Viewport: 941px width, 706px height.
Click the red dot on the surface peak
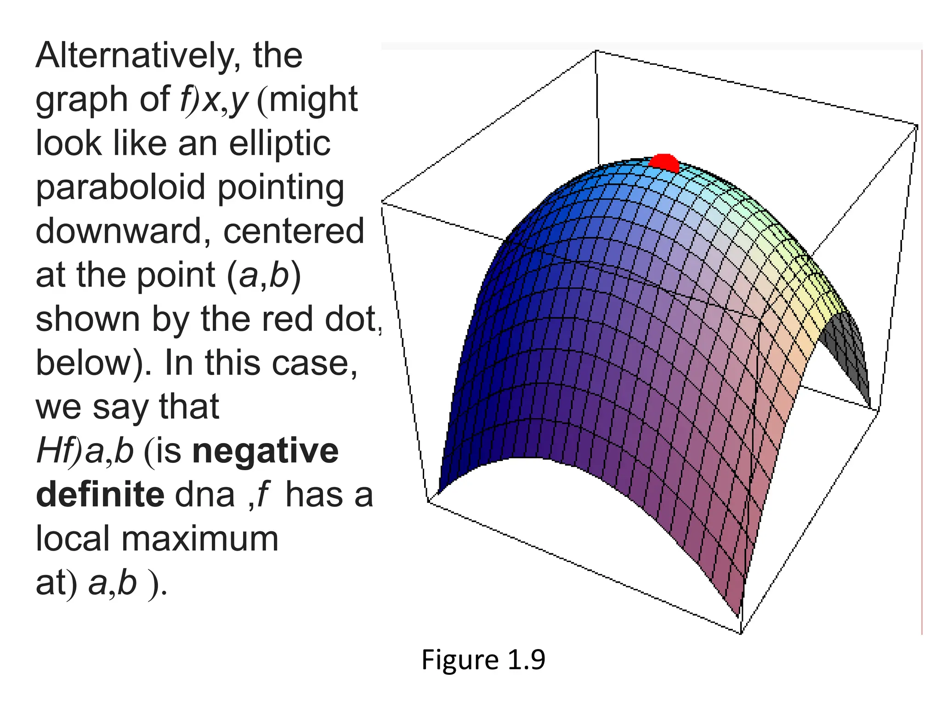point(664,162)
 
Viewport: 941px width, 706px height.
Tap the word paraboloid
point(120,188)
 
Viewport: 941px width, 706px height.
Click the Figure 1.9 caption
point(483,660)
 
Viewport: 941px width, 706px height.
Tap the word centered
point(294,231)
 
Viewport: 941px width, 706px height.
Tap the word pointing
point(281,188)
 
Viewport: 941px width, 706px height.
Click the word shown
point(88,319)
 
